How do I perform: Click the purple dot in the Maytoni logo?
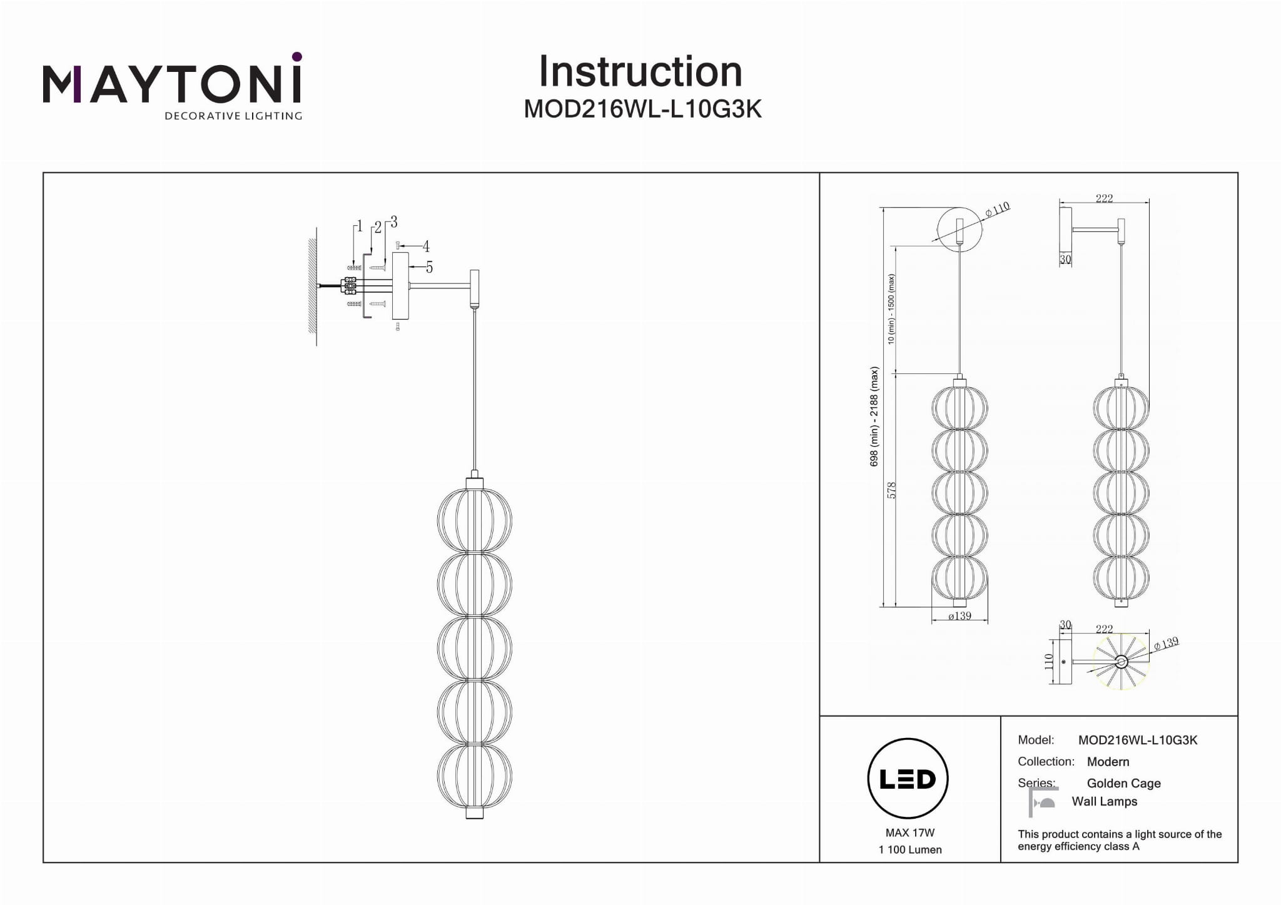(x=297, y=57)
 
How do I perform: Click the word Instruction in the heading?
(x=640, y=71)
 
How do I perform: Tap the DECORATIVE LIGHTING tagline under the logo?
(x=233, y=116)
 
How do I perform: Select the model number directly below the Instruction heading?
(x=642, y=109)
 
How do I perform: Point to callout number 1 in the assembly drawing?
(x=359, y=226)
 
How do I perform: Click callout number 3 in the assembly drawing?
(x=393, y=222)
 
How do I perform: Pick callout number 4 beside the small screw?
(x=426, y=246)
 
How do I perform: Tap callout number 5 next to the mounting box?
(x=429, y=268)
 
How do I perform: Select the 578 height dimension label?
(x=892, y=490)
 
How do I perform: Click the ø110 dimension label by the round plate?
(x=998, y=209)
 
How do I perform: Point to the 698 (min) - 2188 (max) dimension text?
(x=874, y=416)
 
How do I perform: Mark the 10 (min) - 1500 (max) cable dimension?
(x=891, y=309)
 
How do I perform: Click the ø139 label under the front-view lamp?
(x=959, y=616)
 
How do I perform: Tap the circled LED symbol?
(x=908, y=779)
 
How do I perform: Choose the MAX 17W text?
(x=910, y=833)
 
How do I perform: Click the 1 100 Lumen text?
(x=910, y=849)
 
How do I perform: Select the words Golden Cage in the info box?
(x=1123, y=783)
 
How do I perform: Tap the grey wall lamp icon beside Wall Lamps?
(x=1043, y=802)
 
